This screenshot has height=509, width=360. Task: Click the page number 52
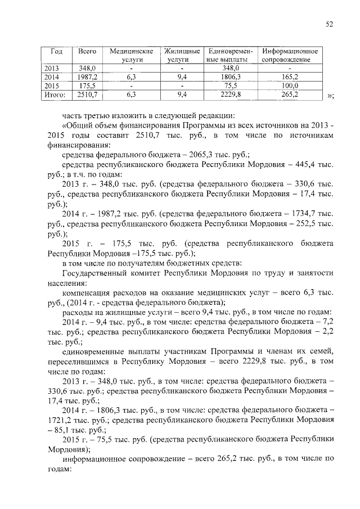[x=330, y=24]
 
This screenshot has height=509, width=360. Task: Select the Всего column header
[x=87, y=51]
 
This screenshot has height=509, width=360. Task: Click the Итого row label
[x=55, y=95]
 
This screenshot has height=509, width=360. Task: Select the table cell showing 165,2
[x=289, y=77]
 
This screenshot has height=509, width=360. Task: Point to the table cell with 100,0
[x=289, y=86]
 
